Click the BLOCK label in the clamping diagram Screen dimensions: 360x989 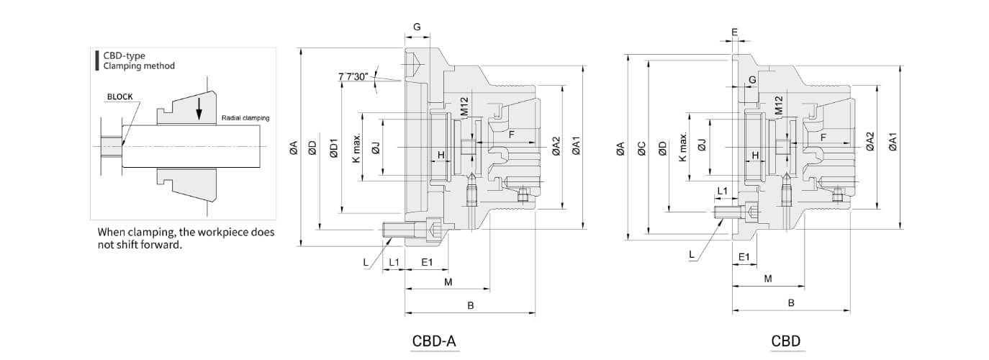[x=119, y=96]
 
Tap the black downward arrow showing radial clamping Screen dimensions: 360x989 [x=200, y=108]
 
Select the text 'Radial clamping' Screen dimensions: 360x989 [x=245, y=117]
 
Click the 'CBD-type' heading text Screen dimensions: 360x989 [x=125, y=55]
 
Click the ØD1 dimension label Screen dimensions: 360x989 [x=333, y=148]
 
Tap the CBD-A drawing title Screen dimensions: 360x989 [x=435, y=341]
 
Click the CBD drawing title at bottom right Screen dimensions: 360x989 [x=785, y=341]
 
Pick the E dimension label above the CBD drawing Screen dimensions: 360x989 [x=734, y=32]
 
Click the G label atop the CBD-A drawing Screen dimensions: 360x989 [x=417, y=27]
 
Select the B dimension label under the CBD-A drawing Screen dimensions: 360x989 [x=471, y=305]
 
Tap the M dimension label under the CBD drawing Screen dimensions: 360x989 [x=767, y=278]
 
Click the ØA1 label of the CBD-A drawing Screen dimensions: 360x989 [x=577, y=147]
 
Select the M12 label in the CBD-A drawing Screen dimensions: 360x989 [x=464, y=107]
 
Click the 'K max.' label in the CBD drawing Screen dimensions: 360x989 [x=683, y=147]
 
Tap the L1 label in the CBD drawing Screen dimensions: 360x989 [x=723, y=190]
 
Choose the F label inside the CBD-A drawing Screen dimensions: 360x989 [x=512, y=135]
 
